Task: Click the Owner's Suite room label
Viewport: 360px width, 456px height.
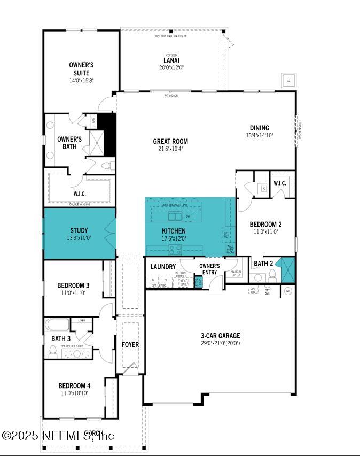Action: click(81, 69)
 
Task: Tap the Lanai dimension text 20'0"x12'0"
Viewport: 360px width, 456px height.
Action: click(171, 68)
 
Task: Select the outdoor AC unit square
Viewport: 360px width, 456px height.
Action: click(289, 81)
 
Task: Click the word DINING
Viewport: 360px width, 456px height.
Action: click(259, 128)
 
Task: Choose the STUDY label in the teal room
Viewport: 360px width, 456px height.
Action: click(79, 230)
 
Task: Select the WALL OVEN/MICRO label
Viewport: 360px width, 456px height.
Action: click(230, 249)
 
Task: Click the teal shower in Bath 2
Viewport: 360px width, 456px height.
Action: click(288, 269)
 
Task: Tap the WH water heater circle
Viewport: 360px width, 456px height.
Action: click(287, 291)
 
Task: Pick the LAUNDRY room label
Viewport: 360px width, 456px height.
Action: click(163, 266)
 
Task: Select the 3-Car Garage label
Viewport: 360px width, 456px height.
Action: click(221, 336)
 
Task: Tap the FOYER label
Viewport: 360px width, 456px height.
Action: click(130, 344)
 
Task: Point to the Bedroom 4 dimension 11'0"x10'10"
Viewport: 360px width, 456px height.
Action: click(74, 393)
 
